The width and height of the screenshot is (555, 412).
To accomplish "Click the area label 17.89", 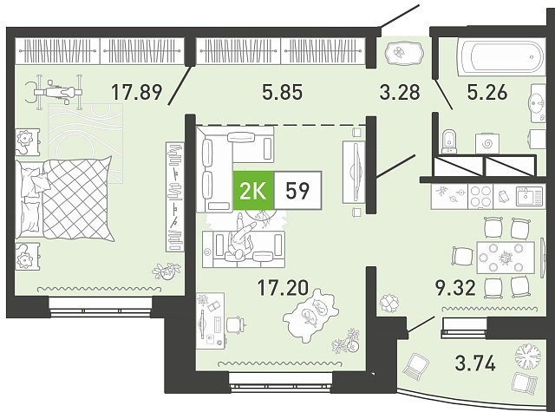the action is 137,93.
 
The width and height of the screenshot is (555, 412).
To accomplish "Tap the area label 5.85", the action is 283,93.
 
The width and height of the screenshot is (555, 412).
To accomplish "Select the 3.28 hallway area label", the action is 400,93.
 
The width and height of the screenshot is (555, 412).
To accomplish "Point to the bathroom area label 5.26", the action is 487,93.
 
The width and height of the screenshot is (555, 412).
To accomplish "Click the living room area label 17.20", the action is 283,287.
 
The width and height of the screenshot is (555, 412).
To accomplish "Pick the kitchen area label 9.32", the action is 454,287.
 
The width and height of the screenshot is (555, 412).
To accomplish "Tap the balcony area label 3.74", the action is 475,363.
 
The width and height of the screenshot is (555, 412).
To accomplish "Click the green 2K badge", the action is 253,191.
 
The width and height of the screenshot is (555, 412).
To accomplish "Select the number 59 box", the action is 298,191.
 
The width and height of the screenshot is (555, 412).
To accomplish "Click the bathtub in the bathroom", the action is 501,56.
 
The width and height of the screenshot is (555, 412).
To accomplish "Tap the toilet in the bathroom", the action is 449,142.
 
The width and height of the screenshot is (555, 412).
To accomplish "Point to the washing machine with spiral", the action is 487,143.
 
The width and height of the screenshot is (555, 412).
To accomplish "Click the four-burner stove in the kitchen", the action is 480,196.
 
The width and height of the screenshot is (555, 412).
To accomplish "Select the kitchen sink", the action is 529,196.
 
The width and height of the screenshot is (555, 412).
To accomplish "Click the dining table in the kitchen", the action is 506,258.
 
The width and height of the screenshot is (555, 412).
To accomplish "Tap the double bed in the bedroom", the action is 66,199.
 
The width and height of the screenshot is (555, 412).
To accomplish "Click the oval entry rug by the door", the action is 403,53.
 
